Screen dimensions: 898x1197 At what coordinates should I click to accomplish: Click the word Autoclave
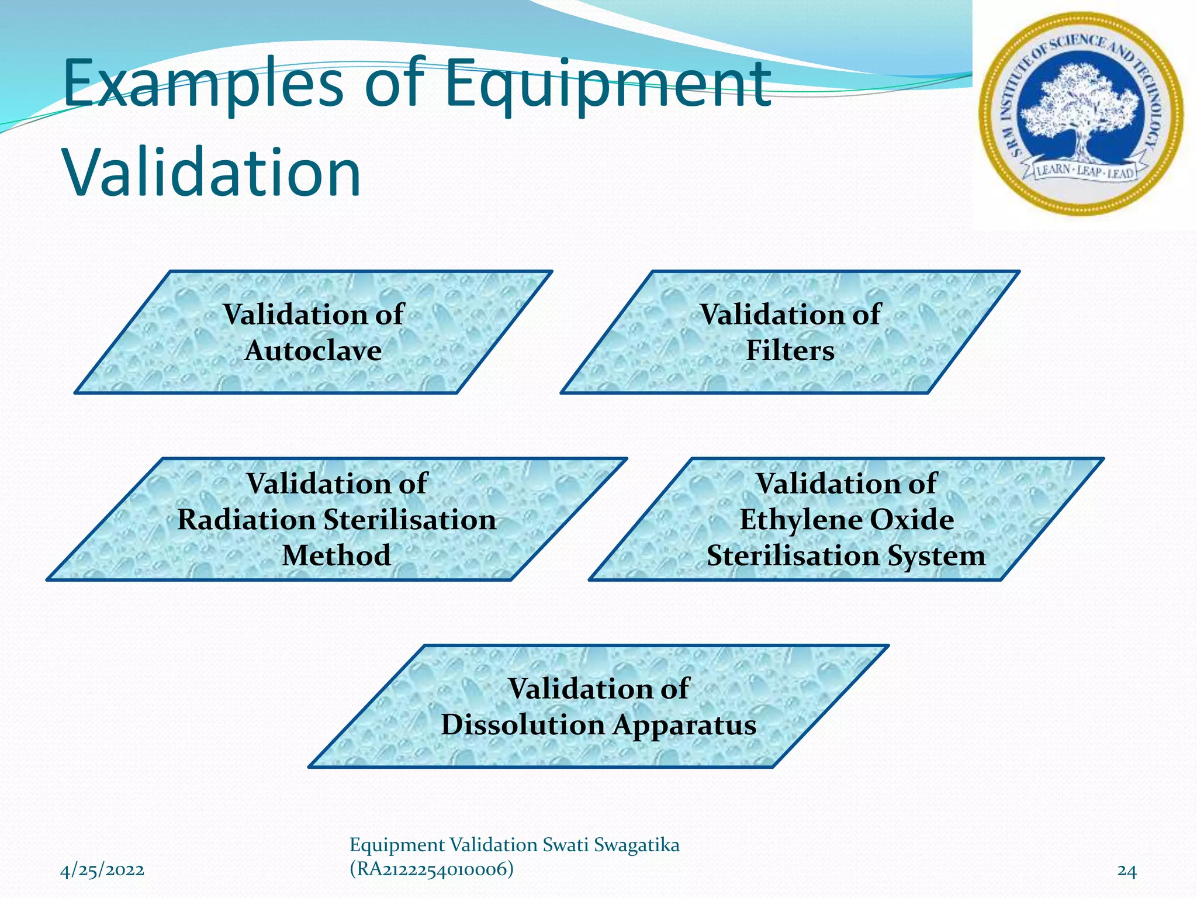coord(313,351)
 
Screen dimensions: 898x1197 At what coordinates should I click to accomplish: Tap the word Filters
coord(790,351)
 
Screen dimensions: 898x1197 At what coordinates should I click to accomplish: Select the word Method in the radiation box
coord(336,555)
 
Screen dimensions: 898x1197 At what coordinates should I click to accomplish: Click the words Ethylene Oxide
coord(846,520)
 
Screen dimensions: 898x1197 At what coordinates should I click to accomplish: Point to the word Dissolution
coord(523,725)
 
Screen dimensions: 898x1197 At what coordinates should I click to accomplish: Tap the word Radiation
coord(246,520)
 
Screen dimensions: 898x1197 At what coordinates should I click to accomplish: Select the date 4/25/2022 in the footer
coord(102,871)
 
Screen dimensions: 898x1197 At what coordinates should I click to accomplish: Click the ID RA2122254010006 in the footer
coord(431,869)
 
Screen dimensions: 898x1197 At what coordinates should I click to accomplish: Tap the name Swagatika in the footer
coord(636,845)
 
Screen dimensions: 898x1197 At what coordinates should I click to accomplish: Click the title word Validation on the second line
coord(212,173)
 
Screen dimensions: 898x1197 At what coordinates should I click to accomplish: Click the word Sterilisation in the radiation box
coord(410,520)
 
